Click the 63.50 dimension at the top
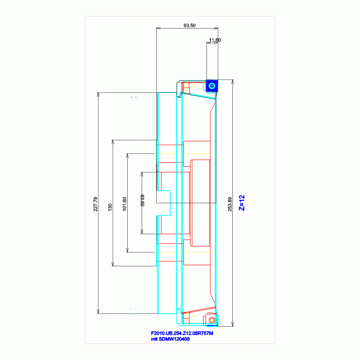coord(190,25)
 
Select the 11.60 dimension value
coord(214,40)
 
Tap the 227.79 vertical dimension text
coord(95,204)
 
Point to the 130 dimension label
coord(110,207)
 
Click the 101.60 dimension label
coord(124,204)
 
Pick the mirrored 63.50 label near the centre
coord(142,200)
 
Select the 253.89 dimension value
coord(230,204)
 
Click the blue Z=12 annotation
coord(242,203)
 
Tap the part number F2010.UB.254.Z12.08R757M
coord(182,333)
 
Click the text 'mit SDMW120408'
coord(170,339)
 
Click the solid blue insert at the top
coord(212,86)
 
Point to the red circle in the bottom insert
coord(212,320)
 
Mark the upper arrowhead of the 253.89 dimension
coord(233,82)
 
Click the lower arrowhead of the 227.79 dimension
coord(98,311)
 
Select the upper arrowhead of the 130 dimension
coord(113,142)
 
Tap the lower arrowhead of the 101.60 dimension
coord(127,250)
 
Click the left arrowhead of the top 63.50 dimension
coord(159,28)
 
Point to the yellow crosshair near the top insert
coord(194,86)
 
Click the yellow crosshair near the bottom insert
coord(193,316)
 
